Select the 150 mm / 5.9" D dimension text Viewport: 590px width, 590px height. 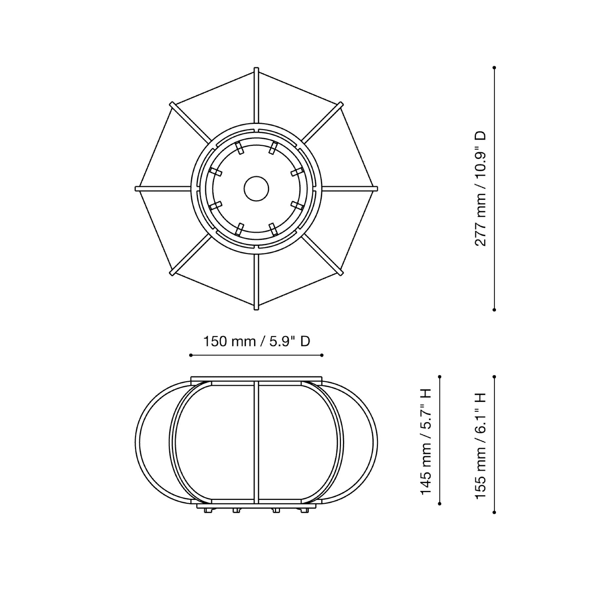click(x=257, y=342)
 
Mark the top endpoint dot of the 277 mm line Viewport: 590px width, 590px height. click(x=494, y=68)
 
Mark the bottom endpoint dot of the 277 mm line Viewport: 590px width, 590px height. click(x=494, y=309)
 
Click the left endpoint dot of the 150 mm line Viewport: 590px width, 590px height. click(x=191, y=355)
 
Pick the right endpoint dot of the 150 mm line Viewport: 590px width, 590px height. click(x=322, y=355)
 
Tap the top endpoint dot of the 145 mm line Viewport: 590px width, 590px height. click(x=440, y=377)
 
